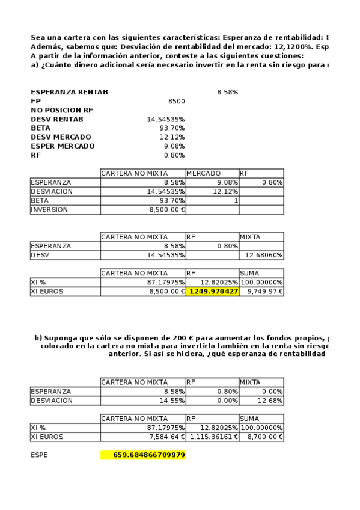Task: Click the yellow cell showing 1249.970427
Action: click(213, 292)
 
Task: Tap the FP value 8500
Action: click(176, 102)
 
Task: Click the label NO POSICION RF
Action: click(62, 111)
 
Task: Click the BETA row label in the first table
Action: click(40, 201)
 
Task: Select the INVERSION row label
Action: click(49, 210)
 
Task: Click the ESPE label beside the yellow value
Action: click(40, 455)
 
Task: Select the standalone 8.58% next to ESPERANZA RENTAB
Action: click(227, 93)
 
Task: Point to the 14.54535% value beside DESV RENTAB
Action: click(166, 120)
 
